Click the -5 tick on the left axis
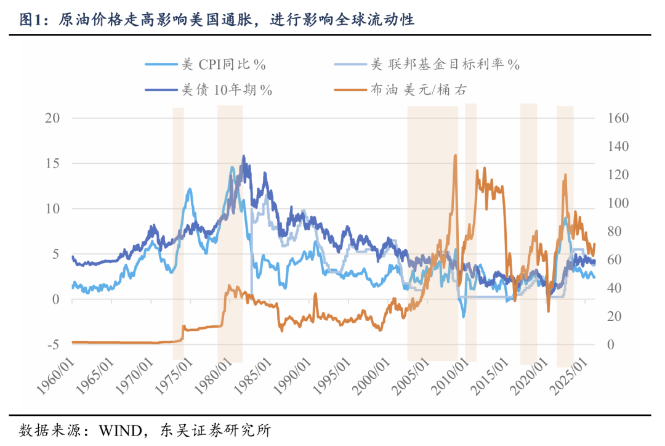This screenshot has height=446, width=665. coord(54,344)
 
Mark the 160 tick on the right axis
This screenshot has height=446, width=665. coord(618,118)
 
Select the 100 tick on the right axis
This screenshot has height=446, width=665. coord(618,203)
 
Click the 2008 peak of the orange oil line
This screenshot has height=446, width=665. coord(455,155)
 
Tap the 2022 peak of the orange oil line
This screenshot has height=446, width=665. coord(565,175)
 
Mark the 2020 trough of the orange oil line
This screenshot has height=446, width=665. coord(548,311)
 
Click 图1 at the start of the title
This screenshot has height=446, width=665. coord(32,20)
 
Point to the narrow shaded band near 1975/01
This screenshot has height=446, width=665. coord(178,234)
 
